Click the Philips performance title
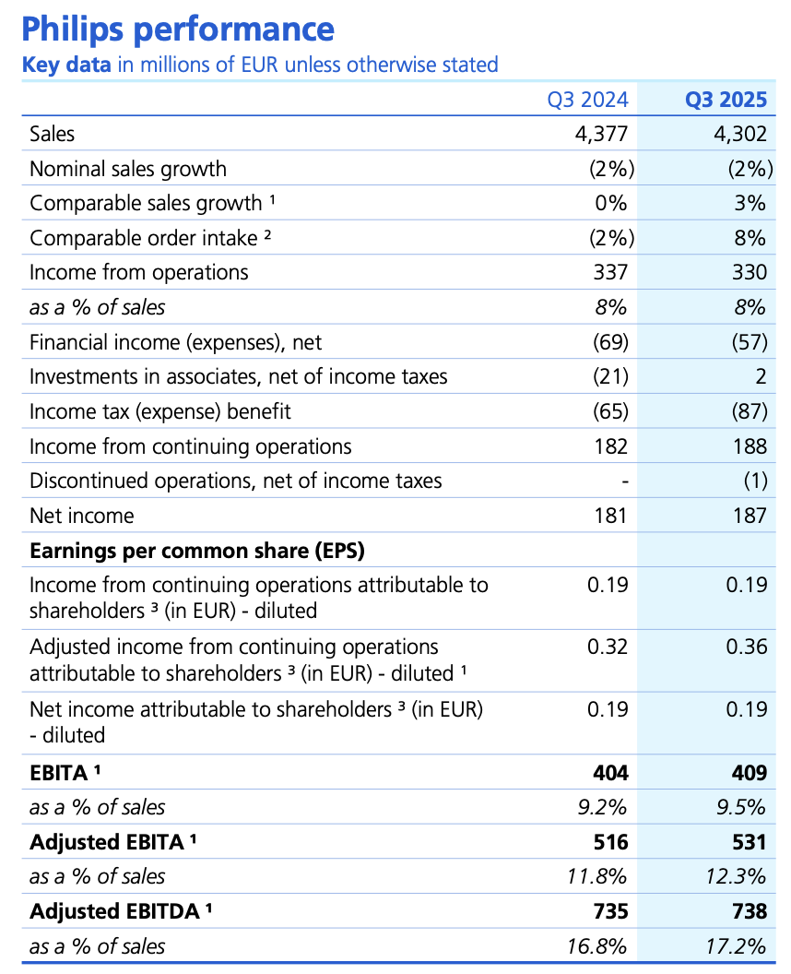pos(177,30)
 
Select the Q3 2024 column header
pos(587,100)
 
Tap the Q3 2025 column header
pos(726,100)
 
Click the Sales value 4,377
pos(600,134)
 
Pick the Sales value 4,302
pos(738,134)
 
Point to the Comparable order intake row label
pos(150,238)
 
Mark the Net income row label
pos(81,516)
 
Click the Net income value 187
pos(750,516)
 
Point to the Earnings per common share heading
pos(197,551)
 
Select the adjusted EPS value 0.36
pos(745,647)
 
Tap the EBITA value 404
pos(610,772)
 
